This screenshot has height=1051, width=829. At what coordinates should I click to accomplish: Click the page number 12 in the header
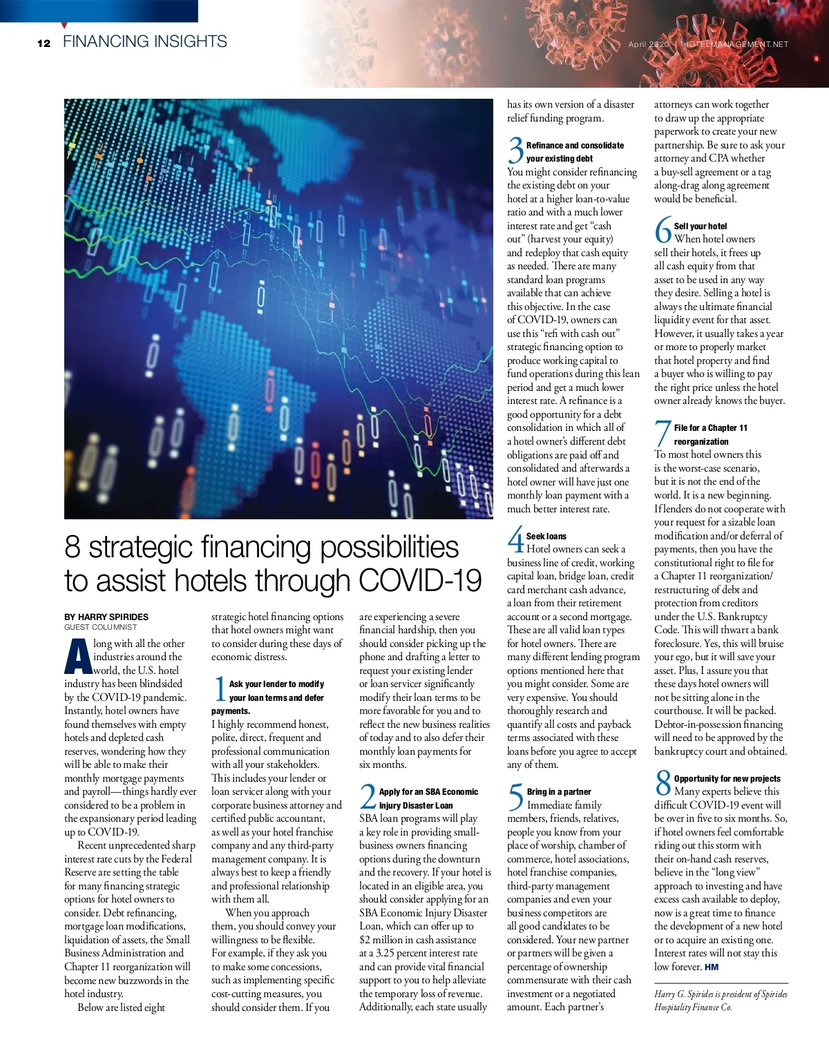pos(44,43)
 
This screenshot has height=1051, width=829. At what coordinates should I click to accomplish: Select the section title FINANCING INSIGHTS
pos(144,41)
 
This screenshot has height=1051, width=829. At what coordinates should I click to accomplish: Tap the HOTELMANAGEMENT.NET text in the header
pos(734,44)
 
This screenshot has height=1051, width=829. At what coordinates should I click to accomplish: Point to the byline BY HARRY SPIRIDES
pos(106,617)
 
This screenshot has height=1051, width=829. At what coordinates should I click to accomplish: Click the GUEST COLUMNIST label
pos(101,627)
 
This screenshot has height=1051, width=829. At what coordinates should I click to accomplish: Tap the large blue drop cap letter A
pos(77,657)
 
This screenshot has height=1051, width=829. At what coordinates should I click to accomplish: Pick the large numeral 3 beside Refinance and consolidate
pos(515,151)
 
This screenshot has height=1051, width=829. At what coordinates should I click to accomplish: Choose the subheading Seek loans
pos(546,536)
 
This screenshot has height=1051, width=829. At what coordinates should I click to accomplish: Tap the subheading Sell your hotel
pos(700,226)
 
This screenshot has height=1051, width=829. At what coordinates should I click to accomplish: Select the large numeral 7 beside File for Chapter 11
pos(663,434)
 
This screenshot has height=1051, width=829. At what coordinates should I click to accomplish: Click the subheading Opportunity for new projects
pos(727,778)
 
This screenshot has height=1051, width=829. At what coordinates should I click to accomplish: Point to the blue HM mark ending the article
pos(712,967)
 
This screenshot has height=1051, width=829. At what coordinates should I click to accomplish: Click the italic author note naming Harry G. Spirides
pos(720,1001)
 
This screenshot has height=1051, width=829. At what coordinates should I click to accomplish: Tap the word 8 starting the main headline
pos(72,547)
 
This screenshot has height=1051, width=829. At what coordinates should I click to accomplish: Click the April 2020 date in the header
pos(649,44)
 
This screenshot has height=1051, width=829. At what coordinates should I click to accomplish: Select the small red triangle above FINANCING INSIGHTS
pos(64,26)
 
